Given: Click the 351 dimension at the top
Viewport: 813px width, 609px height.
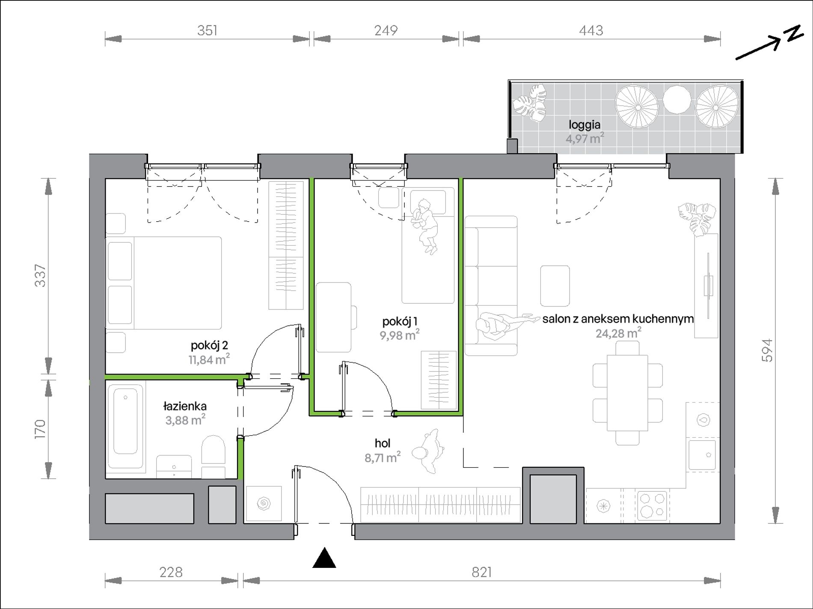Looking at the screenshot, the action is point(208,30).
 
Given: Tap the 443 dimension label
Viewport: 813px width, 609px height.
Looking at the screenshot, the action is point(591,30).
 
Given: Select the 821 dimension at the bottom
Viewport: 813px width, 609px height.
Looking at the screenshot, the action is point(481,572).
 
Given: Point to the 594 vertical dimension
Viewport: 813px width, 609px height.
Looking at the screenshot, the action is point(768,351).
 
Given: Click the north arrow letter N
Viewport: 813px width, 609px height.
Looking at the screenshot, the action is point(795,34).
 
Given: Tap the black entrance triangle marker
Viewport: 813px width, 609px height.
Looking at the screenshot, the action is point(324,558).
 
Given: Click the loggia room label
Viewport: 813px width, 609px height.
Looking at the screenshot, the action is point(585,125).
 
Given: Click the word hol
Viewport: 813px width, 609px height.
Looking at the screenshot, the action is point(383,443).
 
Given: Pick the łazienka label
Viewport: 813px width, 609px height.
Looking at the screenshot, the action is point(185,406).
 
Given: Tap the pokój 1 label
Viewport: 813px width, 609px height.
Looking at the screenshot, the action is point(400,321).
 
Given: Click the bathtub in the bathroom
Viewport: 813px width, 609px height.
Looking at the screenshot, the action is point(125,426).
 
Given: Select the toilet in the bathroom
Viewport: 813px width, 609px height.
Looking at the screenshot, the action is point(213,457).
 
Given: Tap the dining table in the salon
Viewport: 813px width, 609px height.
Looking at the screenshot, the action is point(628,393).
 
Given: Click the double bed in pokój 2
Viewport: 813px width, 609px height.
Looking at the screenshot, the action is point(164,283).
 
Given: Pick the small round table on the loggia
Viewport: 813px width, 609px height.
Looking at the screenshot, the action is point(677,100).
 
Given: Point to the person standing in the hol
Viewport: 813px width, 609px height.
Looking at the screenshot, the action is point(428,452).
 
